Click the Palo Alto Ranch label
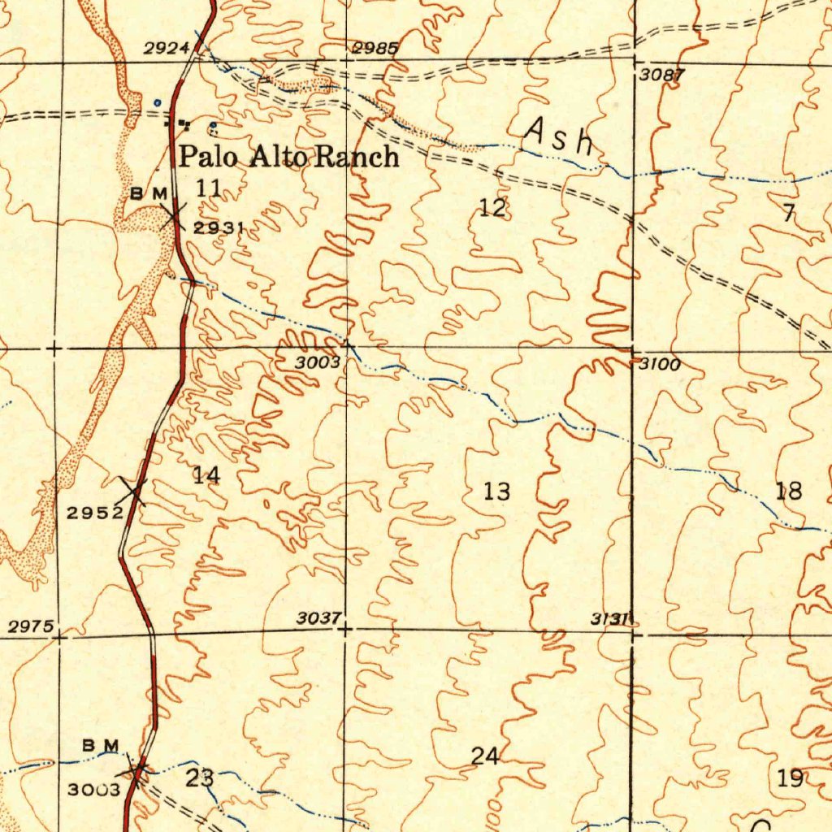[x=289, y=156]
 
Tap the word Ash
[x=560, y=136]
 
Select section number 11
[x=209, y=188]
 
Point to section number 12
[x=492, y=208]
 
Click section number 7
[x=789, y=214]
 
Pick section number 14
[x=206, y=475]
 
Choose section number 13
[x=497, y=492]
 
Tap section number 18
[x=789, y=491]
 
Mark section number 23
[x=200, y=778]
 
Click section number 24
[x=485, y=756]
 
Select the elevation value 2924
[x=167, y=50]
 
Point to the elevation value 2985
[x=375, y=49]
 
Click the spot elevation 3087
[x=663, y=76]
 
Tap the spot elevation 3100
[x=659, y=365]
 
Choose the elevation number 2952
[x=94, y=512]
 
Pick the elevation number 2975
[x=31, y=626]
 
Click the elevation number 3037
[x=318, y=618]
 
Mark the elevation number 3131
[x=610, y=619]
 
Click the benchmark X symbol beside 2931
[x=172, y=215]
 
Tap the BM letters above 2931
[x=149, y=193]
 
